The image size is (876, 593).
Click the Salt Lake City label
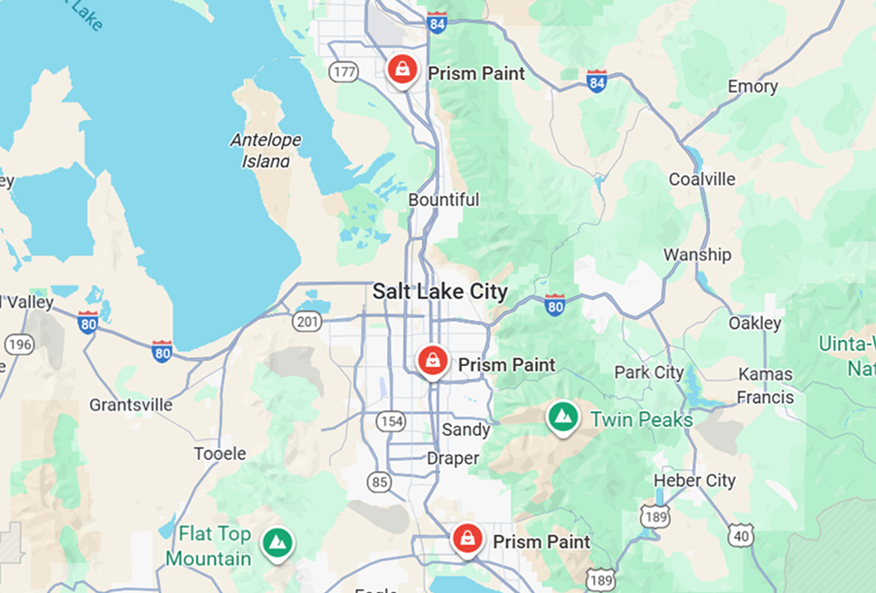coord(439,292)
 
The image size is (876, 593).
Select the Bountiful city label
coord(443,199)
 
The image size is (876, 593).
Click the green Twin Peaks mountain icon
coord(563,418)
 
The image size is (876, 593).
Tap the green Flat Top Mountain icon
coord(278,542)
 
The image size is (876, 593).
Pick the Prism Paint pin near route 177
coord(401,69)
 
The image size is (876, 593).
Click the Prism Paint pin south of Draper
coord(466,539)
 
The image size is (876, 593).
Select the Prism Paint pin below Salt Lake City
coord(433,361)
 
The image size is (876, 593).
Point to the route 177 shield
coord(344,72)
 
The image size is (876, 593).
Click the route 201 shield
coord(306,321)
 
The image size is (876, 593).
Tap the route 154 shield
coord(391,422)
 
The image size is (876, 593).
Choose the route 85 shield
coord(380,483)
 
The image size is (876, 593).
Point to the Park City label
coord(648,372)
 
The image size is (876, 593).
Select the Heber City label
coord(694,480)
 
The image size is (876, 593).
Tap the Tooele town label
coord(220,454)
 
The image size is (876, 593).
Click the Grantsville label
coord(130,405)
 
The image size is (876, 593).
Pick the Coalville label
coord(702,179)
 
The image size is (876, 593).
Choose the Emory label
coord(752,87)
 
